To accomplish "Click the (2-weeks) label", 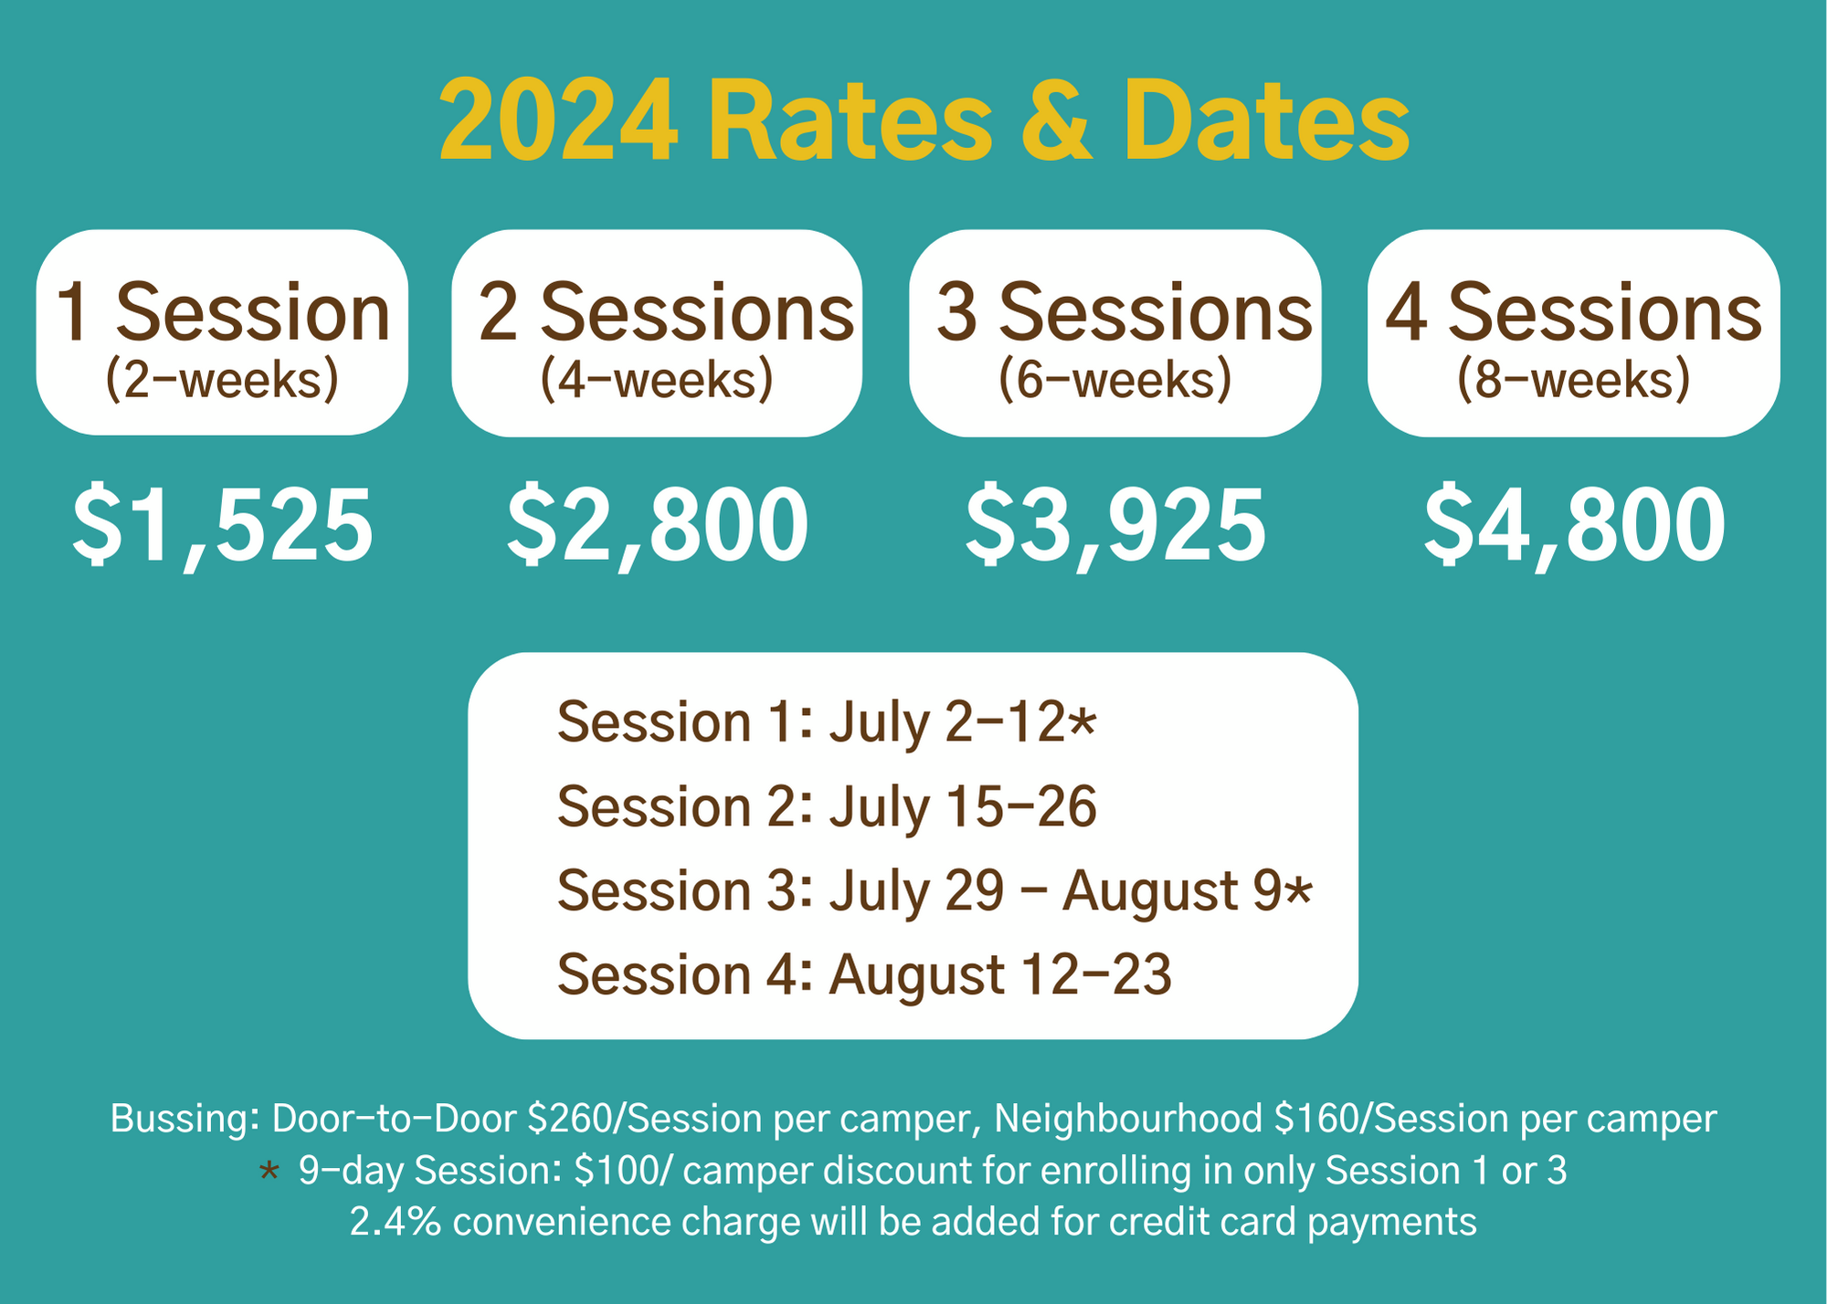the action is (x=222, y=380).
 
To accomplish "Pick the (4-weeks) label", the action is (x=657, y=380).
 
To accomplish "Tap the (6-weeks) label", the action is (x=1114, y=380).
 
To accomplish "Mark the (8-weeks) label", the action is (x=1573, y=380).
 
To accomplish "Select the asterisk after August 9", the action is (x=1298, y=891).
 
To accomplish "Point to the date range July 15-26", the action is (x=963, y=807).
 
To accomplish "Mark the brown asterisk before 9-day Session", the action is (x=269, y=1172).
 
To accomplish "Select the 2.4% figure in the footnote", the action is (x=396, y=1222).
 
